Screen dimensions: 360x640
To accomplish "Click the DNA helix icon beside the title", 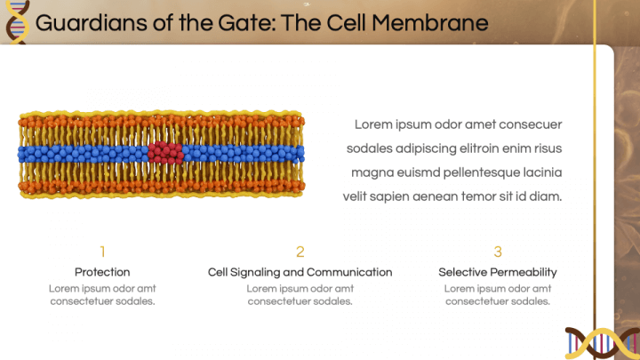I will click(16, 21).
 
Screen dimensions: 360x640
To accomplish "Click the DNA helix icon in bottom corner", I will click(603, 342).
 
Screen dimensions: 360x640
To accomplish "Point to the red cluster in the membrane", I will click(165, 152).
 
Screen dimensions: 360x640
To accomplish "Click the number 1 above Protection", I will click(102, 252).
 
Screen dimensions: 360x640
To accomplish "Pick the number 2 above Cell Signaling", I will click(300, 252).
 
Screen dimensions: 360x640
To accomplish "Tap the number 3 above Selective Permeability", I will click(498, 252).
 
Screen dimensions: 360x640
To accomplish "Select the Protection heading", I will click(102, 272).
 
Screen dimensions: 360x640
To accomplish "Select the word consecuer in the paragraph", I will click(531, 124).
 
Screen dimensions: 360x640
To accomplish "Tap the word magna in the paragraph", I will click(371, 172).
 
